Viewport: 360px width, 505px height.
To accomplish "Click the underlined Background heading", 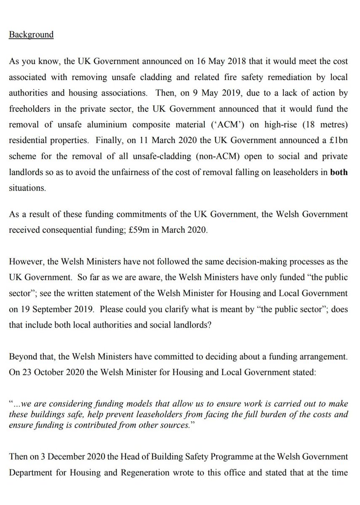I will click(31, 35).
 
